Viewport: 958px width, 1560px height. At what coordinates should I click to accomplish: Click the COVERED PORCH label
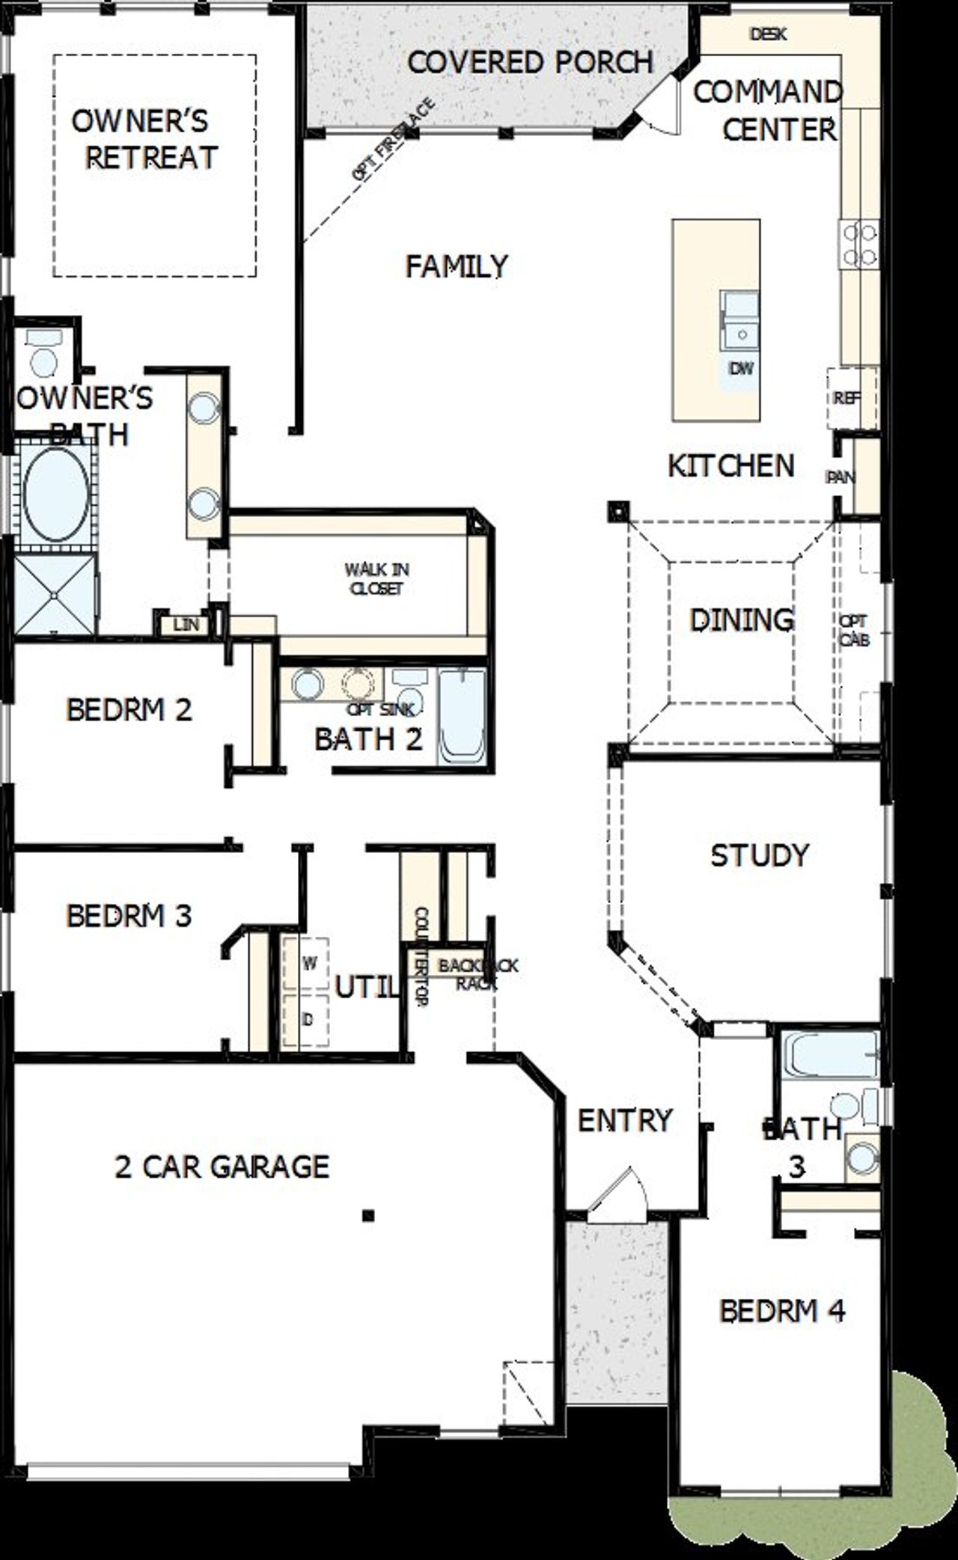point(530,62)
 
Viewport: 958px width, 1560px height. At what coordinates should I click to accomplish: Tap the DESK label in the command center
point(768,34)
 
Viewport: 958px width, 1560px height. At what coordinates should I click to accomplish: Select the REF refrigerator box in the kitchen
point(849,399)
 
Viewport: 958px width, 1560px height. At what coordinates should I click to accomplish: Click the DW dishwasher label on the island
point(741,368)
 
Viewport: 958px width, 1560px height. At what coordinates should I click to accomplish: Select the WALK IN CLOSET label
point(376,579)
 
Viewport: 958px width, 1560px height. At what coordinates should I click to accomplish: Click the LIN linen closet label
point(186,624)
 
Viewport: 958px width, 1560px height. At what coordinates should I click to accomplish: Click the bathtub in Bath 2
point(461,717)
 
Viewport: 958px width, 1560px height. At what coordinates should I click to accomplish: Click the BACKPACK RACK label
point(476,974)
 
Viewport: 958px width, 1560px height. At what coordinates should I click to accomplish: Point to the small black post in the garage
point(367,1216)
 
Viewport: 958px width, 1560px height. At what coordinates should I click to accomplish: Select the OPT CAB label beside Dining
point(854,631)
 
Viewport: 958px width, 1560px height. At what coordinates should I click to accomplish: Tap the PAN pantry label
point(840,477)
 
